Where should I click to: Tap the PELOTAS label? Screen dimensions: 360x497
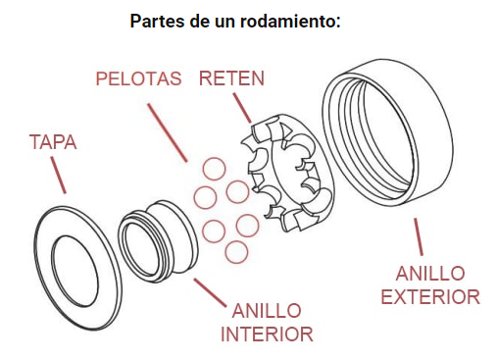pyautogui.click(x=138, y=78)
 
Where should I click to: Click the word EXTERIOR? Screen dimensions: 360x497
pyautogui.click(x=430, y=295)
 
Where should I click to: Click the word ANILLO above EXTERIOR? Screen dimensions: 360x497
pyautogui.click(x=430, y=273)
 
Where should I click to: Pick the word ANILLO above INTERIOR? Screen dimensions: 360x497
pyautogui.click(x=267, y=310)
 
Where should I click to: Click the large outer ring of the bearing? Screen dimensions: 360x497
pyautogui.click(x=392, y=147)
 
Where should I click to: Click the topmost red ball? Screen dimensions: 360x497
pyautogui.click(x=215, y=167)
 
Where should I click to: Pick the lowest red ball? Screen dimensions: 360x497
pyautogui.click(x=235, y=251)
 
